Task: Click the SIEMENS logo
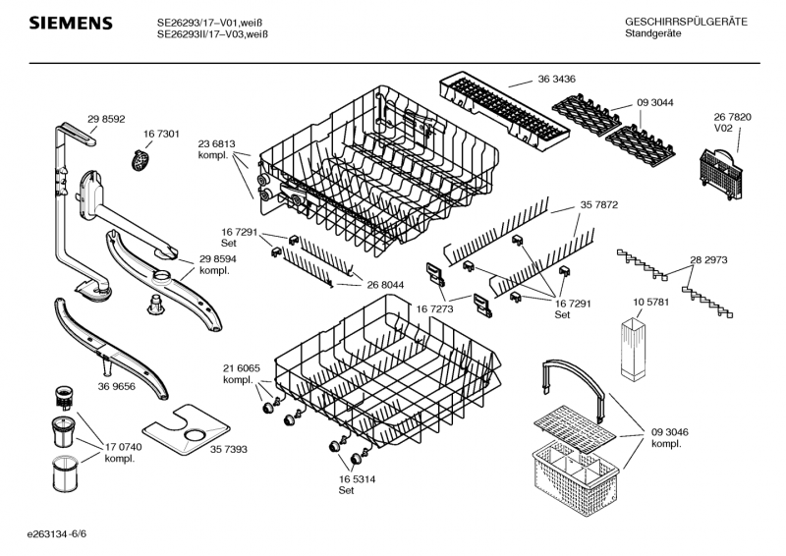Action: (x=71, y=23)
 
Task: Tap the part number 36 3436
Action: (x=556, y=79)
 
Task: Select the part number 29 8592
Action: (x=106, y=119)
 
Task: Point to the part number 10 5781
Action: (x=650, y=302)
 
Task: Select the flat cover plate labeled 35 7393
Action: (x=186, y=429)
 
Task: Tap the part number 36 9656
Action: (x=116, y=386)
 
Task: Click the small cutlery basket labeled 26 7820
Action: (x=720, y=172)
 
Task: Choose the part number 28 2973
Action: (x=708, y=259)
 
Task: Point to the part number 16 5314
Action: (x=357, y=478)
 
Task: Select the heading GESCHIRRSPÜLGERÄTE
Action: (x=686, y=22)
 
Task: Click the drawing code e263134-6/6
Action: (x=57, y=533)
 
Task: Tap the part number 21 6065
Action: (x=242, y=368)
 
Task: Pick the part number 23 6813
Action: (x=216, y=143)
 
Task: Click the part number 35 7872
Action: (x=599, y=204)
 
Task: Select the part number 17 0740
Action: (x=123, y=447)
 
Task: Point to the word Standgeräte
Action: (x=652, y=33)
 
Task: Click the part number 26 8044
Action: (x=385, y=285)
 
